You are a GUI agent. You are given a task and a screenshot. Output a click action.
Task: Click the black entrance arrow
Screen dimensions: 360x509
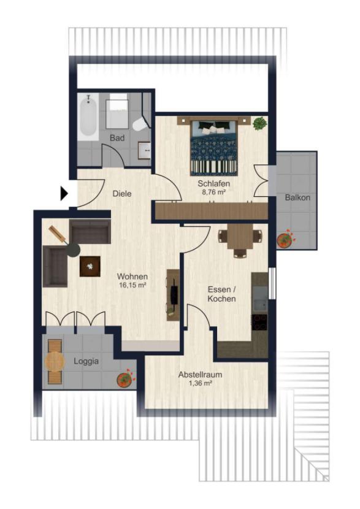pyautogui.click(x=64, y=193)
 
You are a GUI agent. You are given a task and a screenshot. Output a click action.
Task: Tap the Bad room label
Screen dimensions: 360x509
pyautogui.click(x=117, y=138)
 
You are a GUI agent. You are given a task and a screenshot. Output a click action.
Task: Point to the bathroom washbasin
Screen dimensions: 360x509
pyautogui.click(x=144, y=150)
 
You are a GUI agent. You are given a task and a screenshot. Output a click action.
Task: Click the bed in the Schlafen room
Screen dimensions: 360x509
pyautogui.click(x=213, y=147)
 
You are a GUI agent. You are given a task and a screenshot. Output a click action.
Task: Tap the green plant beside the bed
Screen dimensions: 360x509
pyautogui.click(x=260, y=123)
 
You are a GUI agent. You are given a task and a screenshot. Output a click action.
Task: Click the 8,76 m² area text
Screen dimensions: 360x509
pyautogui.click(x=213, y=192)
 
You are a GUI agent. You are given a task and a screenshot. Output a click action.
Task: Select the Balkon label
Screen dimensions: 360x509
pyautogui.click(x=297, y=197)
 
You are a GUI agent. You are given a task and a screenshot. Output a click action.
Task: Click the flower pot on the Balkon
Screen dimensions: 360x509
pyautogui.click(x=285, y=240)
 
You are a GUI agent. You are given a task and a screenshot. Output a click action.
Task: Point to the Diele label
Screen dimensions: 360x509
pyautogui.click(x=122, y=194)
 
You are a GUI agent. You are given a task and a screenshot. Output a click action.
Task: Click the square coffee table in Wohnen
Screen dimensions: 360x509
pyautogui.click(x=90, y=266)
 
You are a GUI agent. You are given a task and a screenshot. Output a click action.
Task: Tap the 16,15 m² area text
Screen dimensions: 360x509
pyautogui.click(x=132, y=286)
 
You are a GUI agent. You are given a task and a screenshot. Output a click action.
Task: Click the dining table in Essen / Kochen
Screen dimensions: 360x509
pyautogui.click(x=240, y=236)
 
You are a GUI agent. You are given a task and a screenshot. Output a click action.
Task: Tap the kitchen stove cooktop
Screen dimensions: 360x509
pyautogui.click(x=260, y=322)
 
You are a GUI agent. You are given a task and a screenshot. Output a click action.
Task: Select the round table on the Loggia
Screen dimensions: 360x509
pyautogui.click(x=55, y=361)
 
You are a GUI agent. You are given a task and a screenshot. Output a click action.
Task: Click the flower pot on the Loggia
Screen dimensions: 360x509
pyautogui.click(x=125, y=378)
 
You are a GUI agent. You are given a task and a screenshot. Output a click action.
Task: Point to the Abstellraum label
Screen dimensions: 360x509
pyautogui.click(x=201, y=374)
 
